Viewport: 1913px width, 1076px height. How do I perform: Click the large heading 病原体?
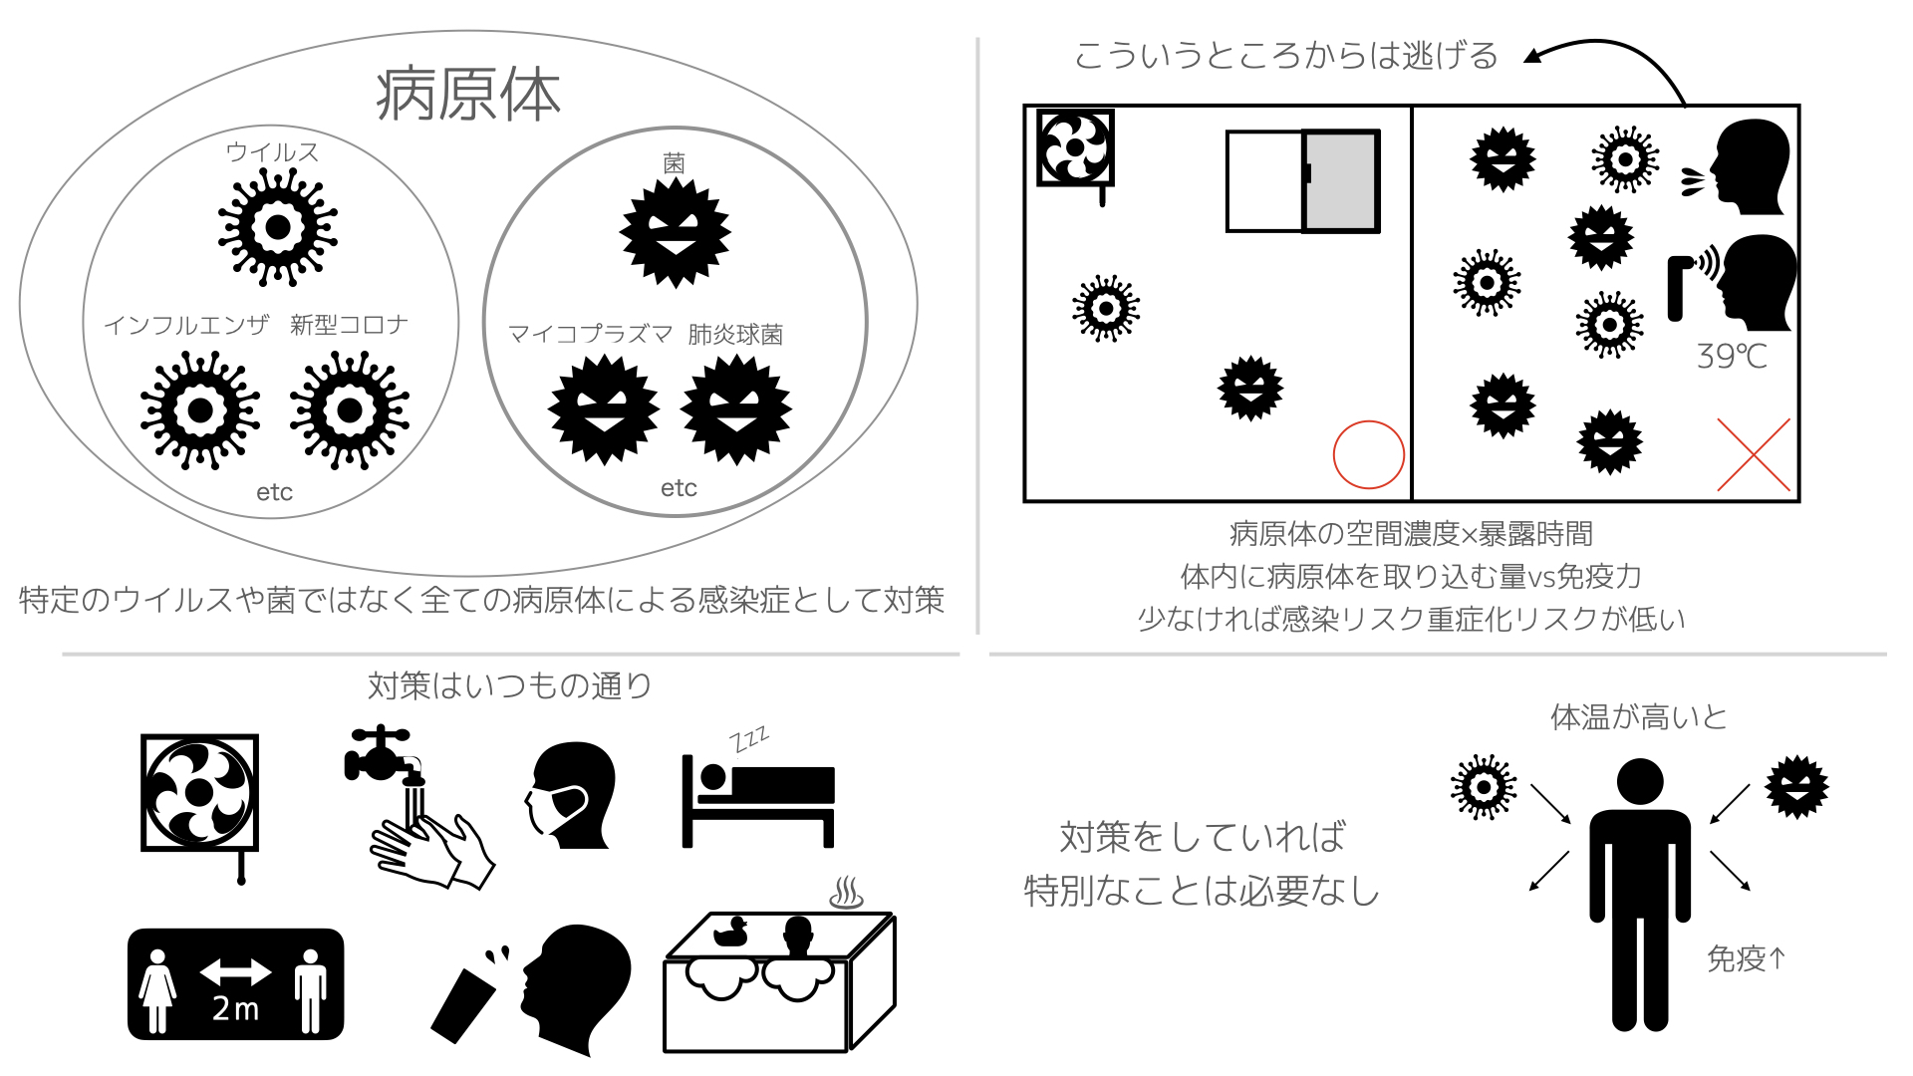point(467,96)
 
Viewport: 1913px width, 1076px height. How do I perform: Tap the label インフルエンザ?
point(186,326)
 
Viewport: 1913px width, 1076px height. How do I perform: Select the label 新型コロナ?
point(349,325)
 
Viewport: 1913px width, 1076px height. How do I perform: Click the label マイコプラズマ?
point(590,334)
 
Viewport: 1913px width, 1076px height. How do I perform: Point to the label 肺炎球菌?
point(735,335)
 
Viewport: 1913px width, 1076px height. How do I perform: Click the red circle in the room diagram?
point(1368,454)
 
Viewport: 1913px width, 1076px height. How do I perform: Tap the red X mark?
point(1754,455)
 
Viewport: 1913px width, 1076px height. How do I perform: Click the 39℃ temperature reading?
point(1732,357)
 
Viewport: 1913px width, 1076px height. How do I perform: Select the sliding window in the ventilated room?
point(1302,181)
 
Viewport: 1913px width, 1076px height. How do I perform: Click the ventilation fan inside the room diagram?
point(1075,148)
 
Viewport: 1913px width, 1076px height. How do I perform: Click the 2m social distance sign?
point(236,984)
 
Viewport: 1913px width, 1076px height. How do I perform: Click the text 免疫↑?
point(1746,958)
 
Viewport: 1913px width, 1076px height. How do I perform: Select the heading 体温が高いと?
point(1638,717)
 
